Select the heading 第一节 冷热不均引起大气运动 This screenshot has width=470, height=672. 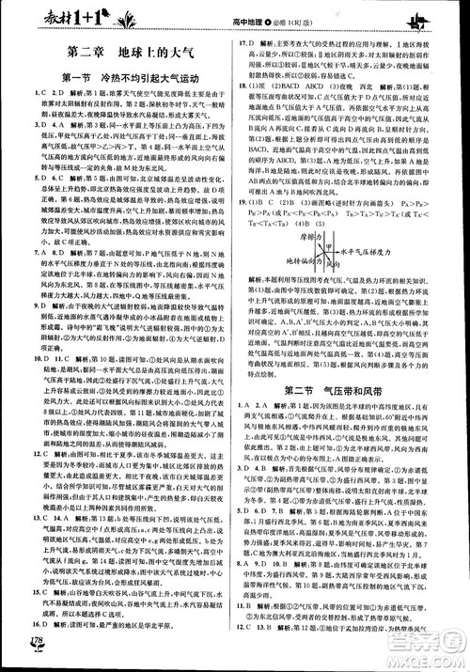point(122,77)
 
